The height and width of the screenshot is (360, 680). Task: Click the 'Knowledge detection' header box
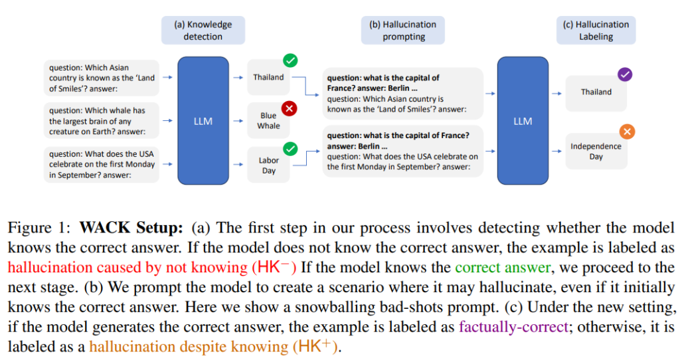(x=203, y=30)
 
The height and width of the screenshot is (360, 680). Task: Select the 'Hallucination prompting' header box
(x=403, y=30)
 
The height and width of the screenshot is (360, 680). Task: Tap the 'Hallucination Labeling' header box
(x=596, y=30)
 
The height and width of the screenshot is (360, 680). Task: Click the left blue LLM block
(x=203, y=121)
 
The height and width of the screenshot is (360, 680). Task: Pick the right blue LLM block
(x=523, y=121)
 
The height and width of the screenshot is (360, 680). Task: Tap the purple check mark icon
(x=625, y=74)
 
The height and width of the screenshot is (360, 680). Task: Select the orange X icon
(x=626, y=132)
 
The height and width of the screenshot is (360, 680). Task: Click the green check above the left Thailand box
(x=290, y=61)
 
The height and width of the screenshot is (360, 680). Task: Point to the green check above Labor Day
(x=290, y=148)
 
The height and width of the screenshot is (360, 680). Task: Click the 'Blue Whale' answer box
(x=268, y=121)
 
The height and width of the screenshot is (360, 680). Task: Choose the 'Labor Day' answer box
(x=268, y=165)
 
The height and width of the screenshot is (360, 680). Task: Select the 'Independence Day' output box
(x=596, y=151)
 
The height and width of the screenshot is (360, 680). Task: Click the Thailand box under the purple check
(x=596, y=92)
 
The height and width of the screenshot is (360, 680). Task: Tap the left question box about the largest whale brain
(x=103, y=122)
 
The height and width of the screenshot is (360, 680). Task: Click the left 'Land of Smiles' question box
(x=103, y=78)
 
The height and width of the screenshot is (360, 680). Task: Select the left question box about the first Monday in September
(x=103, y=164)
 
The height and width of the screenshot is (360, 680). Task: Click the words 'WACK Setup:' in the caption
(x=131, y=228)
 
